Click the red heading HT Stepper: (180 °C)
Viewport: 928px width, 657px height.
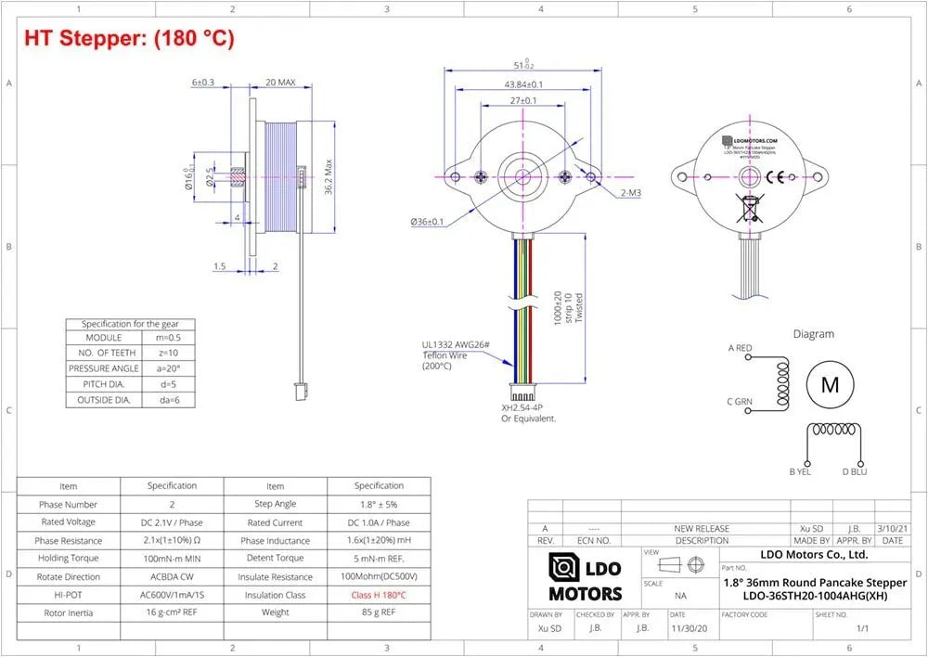point(129,38)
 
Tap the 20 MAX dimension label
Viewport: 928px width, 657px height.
point(279,83)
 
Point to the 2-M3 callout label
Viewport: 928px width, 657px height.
point(631,193)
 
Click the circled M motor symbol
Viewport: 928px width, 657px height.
point(829,385)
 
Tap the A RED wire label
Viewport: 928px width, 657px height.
point(740,348)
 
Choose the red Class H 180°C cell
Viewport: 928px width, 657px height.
point(379,595)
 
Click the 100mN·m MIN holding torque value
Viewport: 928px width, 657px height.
point(172,559)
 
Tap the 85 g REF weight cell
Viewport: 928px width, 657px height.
point(379,612)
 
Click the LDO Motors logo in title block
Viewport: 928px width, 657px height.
point(585,577)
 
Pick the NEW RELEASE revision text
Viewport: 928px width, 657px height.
point(702,528)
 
